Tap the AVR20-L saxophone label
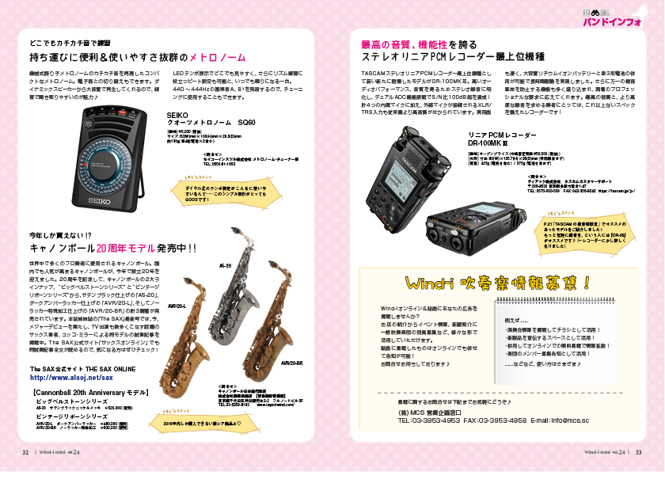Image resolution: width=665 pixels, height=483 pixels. [177, 305]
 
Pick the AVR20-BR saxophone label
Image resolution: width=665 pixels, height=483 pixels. [292, 362]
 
